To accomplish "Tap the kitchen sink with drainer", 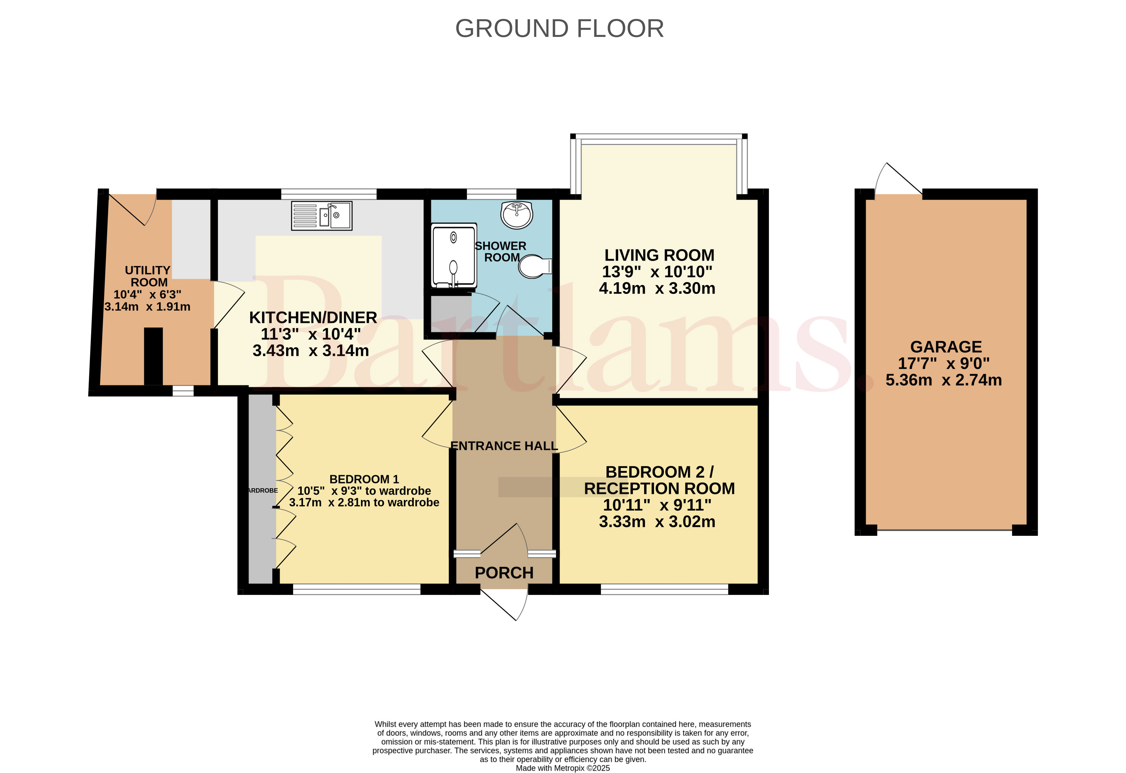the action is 322,216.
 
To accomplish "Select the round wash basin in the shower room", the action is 517,215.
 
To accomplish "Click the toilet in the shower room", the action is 535,266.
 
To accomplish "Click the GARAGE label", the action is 946,347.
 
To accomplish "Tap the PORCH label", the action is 504,573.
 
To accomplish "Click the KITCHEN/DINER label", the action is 313,318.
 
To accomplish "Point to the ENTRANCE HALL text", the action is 504,446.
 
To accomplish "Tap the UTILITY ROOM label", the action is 148,276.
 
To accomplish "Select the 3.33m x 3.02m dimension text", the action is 657,522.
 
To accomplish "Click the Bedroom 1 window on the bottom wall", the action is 357,589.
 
